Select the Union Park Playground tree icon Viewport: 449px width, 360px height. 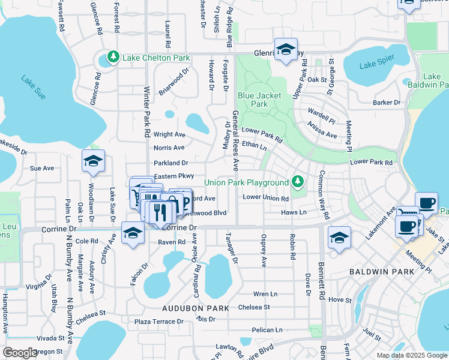297,182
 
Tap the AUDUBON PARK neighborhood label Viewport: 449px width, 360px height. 195,308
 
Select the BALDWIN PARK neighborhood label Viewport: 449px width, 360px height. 382,272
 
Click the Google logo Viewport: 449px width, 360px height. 21,353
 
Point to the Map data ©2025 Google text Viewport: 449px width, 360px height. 412,355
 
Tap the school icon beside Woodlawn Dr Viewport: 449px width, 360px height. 93,161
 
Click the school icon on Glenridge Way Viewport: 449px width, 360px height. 286,49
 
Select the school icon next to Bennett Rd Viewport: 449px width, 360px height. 339,238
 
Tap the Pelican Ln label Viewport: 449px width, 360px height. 267,330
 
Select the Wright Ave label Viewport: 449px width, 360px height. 169,134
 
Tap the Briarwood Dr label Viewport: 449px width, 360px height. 173,79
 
